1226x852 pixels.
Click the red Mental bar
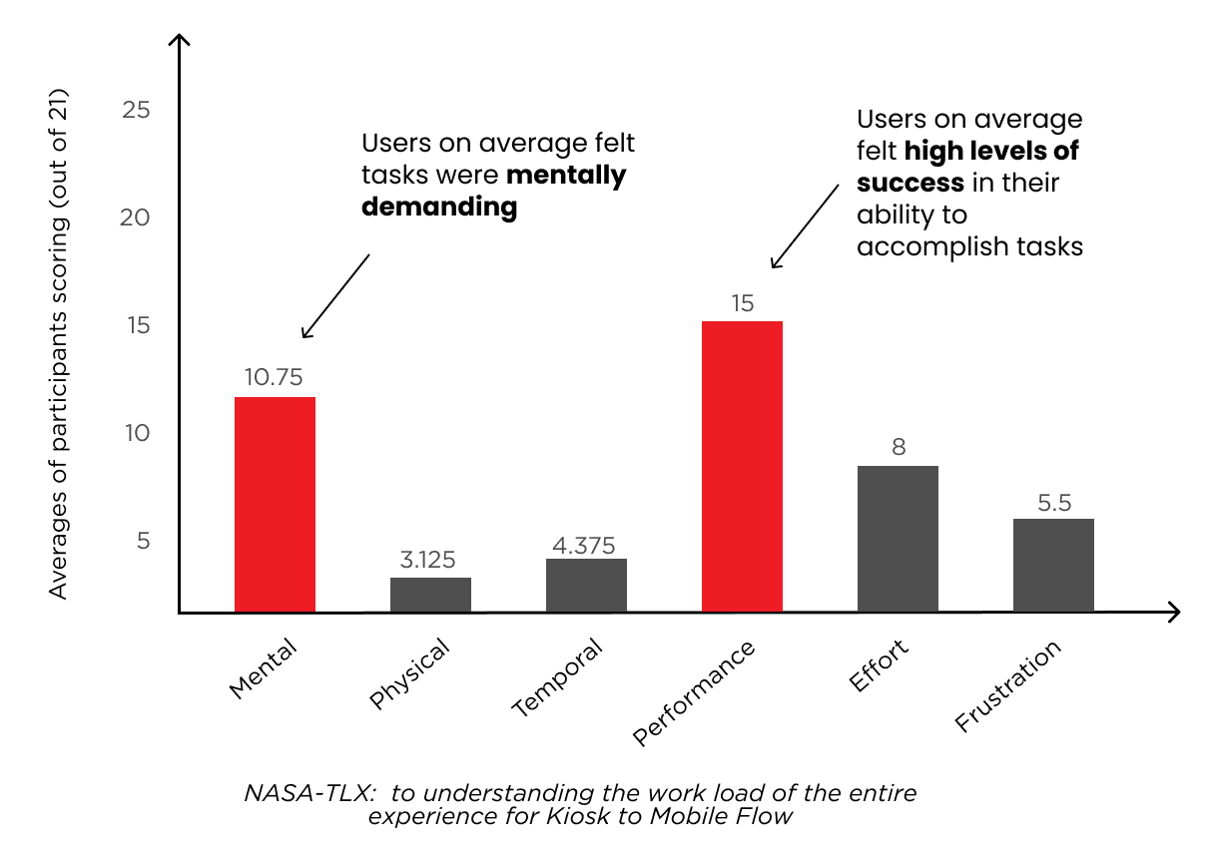coord(275,504)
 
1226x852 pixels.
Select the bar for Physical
coord(430,595)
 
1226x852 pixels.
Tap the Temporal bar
coord(586,586)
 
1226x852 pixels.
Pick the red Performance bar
coord(742,466)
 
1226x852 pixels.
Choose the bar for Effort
coord(898,539)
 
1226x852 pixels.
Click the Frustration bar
coord(1053,565)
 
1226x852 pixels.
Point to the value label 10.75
coord(274,377)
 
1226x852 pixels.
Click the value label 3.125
coord(427,560)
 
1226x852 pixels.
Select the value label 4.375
coord(584,545)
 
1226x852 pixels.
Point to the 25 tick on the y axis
coord(135,110)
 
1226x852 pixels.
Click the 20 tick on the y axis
coord(135,217)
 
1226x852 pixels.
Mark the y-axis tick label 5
coord(142,541)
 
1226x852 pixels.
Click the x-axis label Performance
coord(695,694)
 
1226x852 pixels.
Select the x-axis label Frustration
coord(1007,687)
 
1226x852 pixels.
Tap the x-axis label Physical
coord(410,674)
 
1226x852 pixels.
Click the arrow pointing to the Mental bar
coord(335,295)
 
